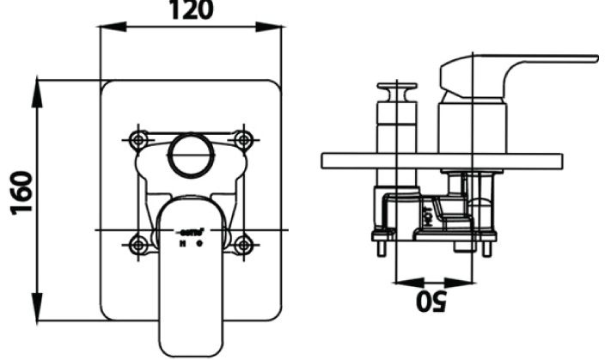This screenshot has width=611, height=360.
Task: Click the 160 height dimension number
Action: [20, 195]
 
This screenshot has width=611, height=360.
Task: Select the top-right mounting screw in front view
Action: [244, 137]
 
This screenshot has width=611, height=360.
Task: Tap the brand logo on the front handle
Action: [192, 231]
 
